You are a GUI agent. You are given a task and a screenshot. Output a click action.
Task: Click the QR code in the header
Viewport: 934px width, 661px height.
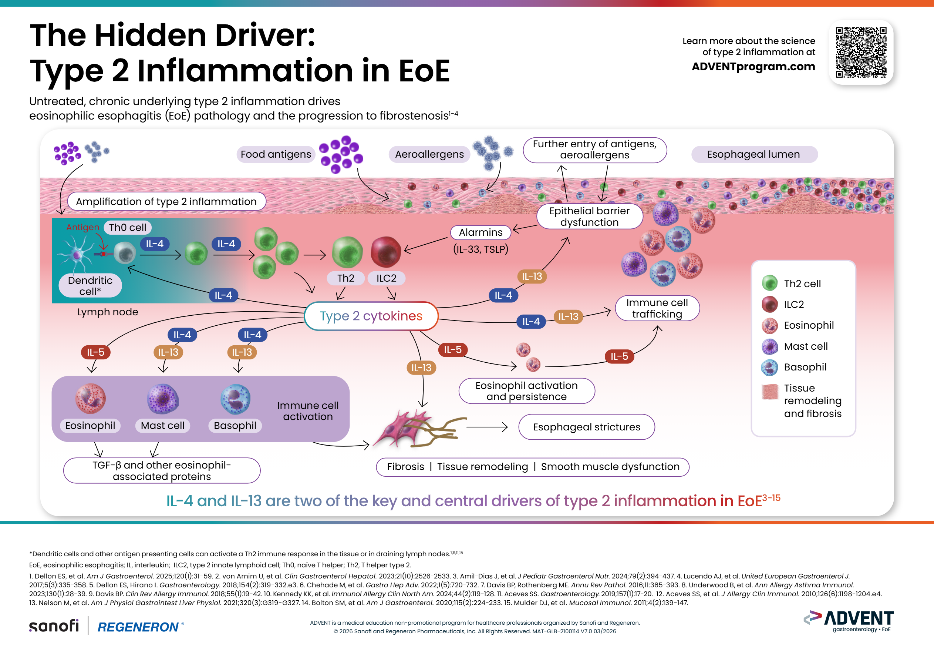point(861,52)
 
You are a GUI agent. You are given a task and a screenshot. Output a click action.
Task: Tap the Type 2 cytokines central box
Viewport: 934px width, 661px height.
point(371,316)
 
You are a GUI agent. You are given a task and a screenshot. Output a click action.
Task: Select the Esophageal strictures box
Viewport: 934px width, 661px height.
point(586,427)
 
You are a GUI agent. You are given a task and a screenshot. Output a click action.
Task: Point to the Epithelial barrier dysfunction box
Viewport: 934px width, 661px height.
point(590,217)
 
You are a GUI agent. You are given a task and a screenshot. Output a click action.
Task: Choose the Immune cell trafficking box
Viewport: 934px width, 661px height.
point(657,308)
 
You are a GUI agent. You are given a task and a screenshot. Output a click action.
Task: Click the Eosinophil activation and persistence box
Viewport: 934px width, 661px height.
point(526,391)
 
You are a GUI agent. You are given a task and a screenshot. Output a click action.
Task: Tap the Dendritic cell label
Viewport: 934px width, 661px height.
point(90,286)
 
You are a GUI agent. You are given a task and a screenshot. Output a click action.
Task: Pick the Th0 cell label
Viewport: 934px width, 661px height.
point(127,228)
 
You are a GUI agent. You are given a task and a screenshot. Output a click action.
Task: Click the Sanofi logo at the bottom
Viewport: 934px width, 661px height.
point(54,625)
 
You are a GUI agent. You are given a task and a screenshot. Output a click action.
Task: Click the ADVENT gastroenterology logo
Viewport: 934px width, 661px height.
point(849,621)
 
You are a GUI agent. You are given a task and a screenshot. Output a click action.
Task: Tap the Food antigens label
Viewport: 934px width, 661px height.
point(276,154)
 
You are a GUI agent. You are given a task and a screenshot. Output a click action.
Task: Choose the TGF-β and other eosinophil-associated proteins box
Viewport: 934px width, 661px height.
point(162,470)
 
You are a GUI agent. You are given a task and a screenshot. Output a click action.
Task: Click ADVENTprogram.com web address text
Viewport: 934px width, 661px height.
point(753,66)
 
